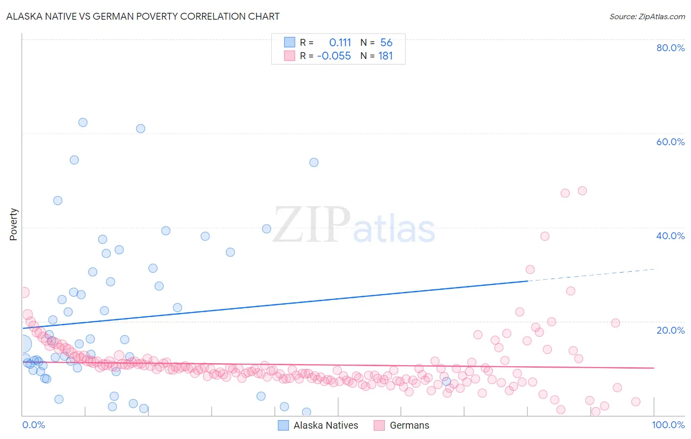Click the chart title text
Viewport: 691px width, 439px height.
[x=143, y=16]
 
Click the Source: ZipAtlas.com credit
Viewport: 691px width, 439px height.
[x=647, y=16]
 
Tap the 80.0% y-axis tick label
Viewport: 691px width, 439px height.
[x=670, y=48]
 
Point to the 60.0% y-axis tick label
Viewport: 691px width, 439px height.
[x=670, y=142]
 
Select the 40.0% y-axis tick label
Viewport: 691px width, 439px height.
[x=670, y=236]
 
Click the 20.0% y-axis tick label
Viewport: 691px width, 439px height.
[x=670, y=330]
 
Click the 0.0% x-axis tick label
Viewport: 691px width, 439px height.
[x=33, y=425]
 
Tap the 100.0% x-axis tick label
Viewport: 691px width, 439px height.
[x=668, y=425]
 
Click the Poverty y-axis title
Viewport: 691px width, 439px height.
[x=13, y=224]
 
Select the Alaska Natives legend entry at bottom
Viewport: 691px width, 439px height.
[x=318, y=425]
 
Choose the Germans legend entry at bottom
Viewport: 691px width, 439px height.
[x=402, y=425]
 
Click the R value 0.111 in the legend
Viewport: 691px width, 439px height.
[x=340, y=43]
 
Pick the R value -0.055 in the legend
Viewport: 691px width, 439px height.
[x=334, y=56]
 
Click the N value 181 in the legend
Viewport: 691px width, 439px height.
[x=385, y=56]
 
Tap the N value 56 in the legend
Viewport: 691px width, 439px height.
[x=386, y=43]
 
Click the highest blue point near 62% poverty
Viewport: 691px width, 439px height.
[x=83, y=123]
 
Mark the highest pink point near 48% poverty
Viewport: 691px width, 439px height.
[x=582, y=190]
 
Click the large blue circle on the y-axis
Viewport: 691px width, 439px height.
[x=23, y=344]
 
